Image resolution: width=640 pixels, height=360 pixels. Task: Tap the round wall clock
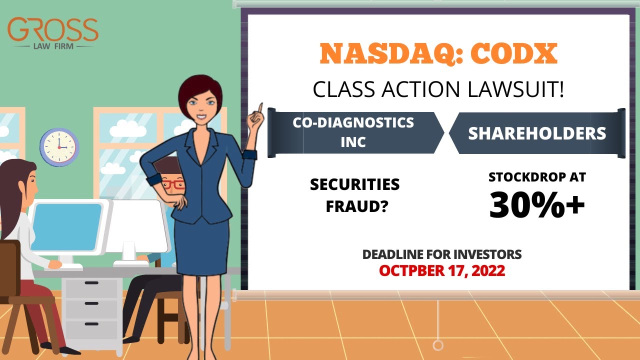(x=59, y=147)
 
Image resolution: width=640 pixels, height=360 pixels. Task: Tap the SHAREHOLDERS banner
(x=537, y=133)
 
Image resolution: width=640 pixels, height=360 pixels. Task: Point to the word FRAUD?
(x=356, y=206)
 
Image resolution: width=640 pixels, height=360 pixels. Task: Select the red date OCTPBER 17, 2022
(x=441, y=270)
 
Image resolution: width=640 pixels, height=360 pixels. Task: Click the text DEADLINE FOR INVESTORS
(x=441, y=254)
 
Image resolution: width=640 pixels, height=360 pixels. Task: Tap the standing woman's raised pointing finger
(x=260, y=108)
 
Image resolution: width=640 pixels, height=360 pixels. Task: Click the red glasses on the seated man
(x=174, y=184)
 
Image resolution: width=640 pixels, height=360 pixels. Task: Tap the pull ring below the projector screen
(x=438, y=345)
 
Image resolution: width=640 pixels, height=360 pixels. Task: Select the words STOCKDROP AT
(x=537, y=177)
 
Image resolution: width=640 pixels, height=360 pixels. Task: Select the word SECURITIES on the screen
(x=354, y=184)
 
